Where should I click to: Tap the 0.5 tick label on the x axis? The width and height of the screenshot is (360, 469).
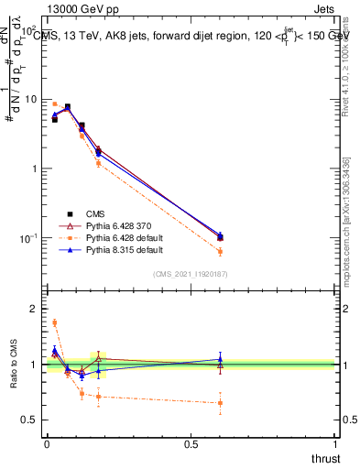pyautogui.click(x=191, y=444)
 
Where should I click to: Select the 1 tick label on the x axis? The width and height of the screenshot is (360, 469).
pyautogui.click(x=336, y=444)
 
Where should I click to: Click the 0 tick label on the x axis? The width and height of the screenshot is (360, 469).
pyautogui.click(x=46, y=444)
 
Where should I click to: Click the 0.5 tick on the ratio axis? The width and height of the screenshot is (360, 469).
pyautogui.click(x=28, y=420)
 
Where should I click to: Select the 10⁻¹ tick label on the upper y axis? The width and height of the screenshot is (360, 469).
pyautogui.click(x=27, y=238)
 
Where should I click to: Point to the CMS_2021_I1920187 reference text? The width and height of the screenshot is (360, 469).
pyautogui.click(x=191, y=273)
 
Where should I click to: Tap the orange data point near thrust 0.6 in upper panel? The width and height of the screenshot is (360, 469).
pyautogui.click(x=220, y=251)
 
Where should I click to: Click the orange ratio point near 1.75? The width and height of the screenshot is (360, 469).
pyautogui.click(x=54, y=322)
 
